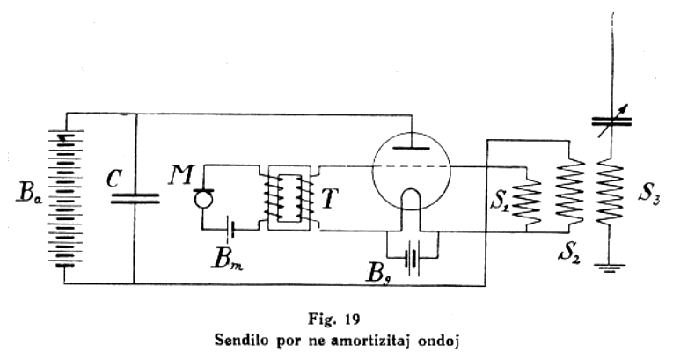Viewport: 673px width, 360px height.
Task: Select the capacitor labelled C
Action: pyautogui.click(x=135, y=199)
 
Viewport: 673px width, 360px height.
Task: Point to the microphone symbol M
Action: pyautogui.click(x=203, y=196)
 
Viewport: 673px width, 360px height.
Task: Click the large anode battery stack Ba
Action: pyautogui.click(x=67, y=199)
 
